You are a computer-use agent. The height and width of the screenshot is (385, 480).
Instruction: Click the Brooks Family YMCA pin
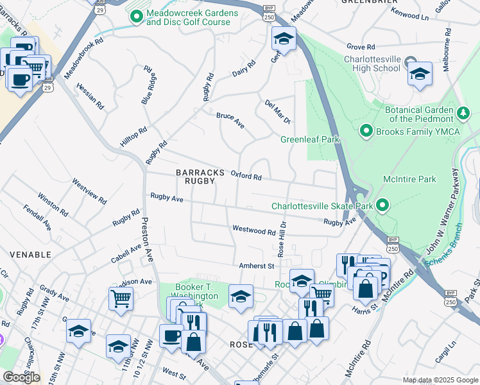tap(366, 131)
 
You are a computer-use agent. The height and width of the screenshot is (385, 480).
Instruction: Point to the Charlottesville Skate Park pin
tap(382, 206)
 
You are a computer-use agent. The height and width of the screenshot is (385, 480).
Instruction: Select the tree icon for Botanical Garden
tap(464, 114)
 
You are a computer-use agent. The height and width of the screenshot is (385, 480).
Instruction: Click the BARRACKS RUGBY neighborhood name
tap(200, 177)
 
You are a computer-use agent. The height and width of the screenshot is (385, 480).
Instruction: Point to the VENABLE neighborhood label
tap(30, 255)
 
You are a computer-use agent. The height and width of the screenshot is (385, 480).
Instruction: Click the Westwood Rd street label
tap(253, 229)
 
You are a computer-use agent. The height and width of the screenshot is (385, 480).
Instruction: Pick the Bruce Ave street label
tap(230, 120)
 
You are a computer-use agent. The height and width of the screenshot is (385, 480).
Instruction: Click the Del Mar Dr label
tap(278, 112)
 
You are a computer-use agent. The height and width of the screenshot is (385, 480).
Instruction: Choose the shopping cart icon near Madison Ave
tap(121, 298)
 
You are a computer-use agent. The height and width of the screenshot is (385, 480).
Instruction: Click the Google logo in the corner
tap(21, 377)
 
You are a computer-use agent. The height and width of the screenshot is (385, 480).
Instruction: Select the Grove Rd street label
tap(360, 47)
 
